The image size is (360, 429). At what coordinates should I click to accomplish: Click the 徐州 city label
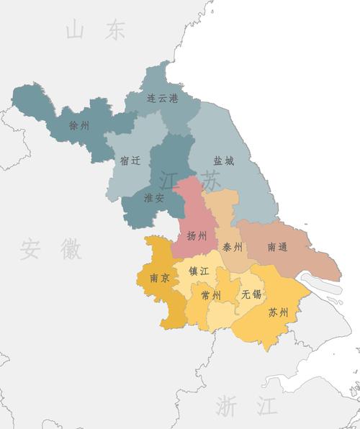(79, 125)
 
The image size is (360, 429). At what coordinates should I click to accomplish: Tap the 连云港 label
(162, 98)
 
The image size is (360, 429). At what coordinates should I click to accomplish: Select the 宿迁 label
(130, 161)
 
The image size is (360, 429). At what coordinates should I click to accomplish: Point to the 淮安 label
(154, 198)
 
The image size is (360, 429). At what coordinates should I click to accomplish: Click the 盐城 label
(223, 161)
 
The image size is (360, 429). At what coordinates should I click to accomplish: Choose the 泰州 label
(233, 247)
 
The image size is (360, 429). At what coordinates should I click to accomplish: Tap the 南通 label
(277, 247)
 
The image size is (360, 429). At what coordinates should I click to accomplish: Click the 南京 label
(160, 278)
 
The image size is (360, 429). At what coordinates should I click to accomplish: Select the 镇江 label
(199, 271)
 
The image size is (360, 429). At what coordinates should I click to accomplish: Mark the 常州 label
(211, 295)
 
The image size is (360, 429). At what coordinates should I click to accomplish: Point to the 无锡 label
(251, 294)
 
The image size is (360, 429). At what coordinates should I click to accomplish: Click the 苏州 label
(278, 312)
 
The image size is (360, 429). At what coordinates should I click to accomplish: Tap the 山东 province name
(95, 31)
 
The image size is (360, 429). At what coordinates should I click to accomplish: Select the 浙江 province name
(246, 406)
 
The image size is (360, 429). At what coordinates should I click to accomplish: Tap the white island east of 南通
(320, 282)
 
